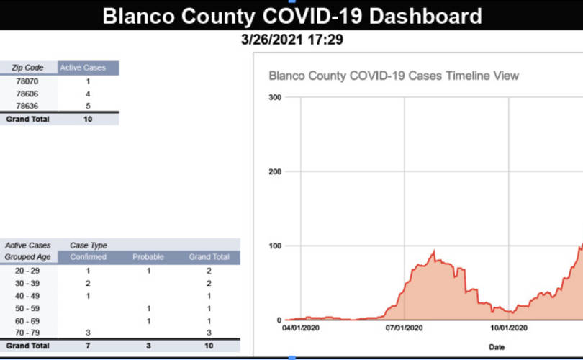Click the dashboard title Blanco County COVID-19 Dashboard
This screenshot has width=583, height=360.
292,17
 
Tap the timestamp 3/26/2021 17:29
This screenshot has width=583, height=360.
292,40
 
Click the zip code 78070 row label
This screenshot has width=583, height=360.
27,81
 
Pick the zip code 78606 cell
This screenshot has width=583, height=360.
27,94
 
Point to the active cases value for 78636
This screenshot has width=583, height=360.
88,106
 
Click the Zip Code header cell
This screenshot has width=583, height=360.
27,68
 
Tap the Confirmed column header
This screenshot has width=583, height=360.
88,257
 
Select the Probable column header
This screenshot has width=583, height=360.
148,257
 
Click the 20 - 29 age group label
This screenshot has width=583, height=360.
27,271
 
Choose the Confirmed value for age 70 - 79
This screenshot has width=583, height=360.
88,333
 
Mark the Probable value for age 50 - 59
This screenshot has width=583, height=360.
148,308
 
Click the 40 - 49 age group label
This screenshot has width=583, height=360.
27,296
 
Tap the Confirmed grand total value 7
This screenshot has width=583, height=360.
88,346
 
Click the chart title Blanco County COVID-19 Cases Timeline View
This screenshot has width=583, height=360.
394,76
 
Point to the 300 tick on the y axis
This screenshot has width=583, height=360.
275,97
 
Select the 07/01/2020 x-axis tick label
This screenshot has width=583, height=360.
405,328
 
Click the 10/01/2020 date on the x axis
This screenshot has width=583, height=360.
509,328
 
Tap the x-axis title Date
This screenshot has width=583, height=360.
497,347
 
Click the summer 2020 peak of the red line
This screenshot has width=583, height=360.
433,252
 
